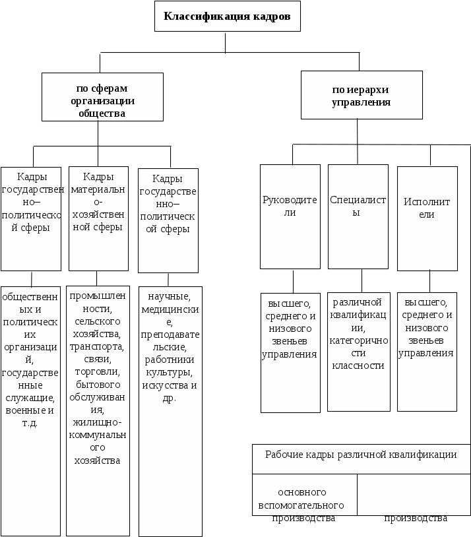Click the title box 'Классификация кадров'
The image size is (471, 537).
click(x=227, y=16)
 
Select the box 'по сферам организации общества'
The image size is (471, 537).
click(x=102, y=97)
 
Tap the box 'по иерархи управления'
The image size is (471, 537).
click(x=361, y=96)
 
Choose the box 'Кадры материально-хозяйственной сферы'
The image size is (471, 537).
click(x=98, y=218)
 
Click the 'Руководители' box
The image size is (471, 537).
click(x=290, y=216)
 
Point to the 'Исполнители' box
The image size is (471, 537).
click(x=427, y=218)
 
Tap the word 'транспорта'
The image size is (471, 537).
click(x=98, y=346)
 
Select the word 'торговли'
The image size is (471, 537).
click(x=94, y=371)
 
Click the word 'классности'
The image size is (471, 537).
click(x=358, y=365)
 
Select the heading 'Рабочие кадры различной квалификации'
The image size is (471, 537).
click(x=361, y=455)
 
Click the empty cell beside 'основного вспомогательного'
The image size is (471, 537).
click(x=413, y=494)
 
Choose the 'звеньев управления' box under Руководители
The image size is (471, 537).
click(x=290, y=353)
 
